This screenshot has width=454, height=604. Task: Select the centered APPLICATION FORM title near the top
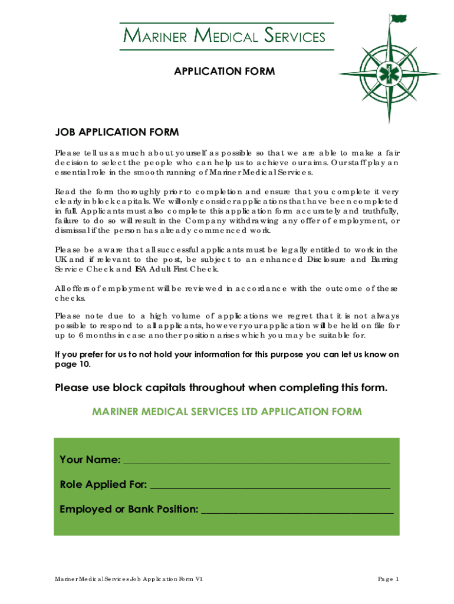click(x=224, y=71)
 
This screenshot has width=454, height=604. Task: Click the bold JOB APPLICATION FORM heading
click(x=117, y=132)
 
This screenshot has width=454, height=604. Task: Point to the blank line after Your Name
click(x=256, y=460)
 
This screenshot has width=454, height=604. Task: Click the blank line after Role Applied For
click(x=271, y=485)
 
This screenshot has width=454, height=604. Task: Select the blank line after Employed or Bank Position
click(x=297, y=510)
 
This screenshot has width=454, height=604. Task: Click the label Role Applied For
click(x=103, y=485)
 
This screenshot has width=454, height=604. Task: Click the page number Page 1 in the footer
click(x=389, y=579)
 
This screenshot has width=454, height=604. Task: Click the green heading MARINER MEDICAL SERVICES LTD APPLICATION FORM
click(x=227, y=411)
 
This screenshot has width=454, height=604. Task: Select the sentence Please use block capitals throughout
click(x=222, y=388)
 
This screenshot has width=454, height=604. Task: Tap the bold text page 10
click(x=73, y=364)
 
